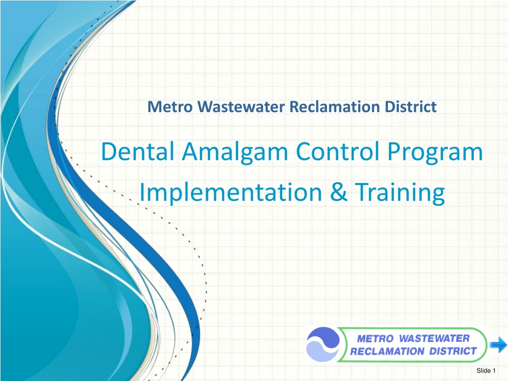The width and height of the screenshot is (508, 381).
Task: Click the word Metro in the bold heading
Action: (x=170, y=107)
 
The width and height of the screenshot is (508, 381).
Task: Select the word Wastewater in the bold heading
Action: (x=242, y=107)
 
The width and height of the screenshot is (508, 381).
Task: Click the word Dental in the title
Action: (x=138, y=151)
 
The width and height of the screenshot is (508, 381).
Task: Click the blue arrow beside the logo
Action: (x=498, y=345)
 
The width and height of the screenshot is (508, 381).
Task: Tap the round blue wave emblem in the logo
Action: (x=322, y=344)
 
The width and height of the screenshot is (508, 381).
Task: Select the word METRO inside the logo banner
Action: (x=375, y=339)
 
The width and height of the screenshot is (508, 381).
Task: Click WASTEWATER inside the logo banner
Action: (x=434, y=338)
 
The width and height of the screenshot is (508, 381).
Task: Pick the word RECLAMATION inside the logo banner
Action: (x=387, y=352)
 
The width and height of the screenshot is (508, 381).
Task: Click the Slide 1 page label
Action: (x=486, y=371)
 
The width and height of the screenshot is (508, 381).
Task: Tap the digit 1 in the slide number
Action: (x=494, y=371)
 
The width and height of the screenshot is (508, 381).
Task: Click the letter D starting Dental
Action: (x=109, y=152)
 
